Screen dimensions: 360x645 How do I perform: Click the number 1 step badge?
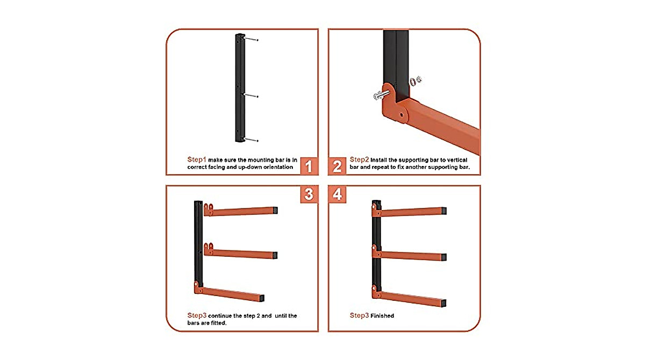309,166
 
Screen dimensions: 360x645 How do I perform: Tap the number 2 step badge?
337,166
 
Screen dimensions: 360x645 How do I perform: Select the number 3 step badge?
309,194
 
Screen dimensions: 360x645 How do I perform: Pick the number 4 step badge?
337,194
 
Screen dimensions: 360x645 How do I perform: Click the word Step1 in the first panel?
197,160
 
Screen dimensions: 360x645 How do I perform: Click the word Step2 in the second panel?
359,160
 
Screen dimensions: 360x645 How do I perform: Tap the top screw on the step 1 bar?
251,40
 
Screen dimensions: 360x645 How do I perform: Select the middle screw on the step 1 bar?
251,96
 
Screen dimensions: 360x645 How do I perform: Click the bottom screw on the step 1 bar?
251,140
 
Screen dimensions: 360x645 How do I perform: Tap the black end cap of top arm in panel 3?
275,210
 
